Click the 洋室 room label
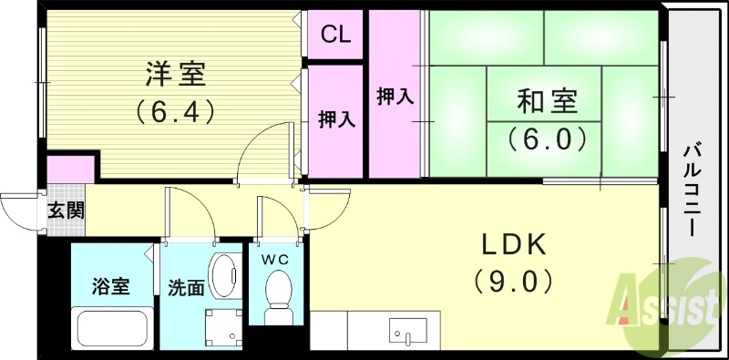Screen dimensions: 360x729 point(175,72)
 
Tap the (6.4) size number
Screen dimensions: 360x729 point(175,112)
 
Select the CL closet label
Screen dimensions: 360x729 point(335,36)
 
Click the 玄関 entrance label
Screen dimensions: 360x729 point(66,211)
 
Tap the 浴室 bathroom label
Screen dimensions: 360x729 point(110,287)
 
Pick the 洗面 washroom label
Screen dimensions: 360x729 point(185,287)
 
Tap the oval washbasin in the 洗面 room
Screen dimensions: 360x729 point(223,272)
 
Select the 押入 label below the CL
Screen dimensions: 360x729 point(335,119)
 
